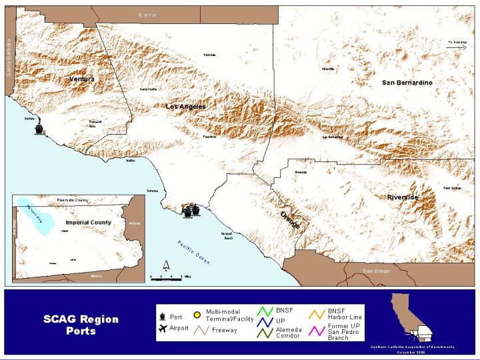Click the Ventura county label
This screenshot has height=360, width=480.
[x=82, y=79]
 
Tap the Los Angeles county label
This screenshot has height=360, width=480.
[x=185, y=107]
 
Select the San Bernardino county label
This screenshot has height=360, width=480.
[x=407, y=82]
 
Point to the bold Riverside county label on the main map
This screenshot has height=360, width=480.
[x=403, y=198]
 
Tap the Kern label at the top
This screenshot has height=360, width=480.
[x=147, y=15]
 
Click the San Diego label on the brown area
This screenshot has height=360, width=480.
[x=375, y=271]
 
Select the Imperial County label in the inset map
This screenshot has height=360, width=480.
[x=88, y=222]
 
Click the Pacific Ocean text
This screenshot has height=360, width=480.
[x=194, y=253]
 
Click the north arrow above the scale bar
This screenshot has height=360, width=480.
[x=166, y=266]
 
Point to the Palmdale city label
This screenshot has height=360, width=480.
[x=209, y=55]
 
